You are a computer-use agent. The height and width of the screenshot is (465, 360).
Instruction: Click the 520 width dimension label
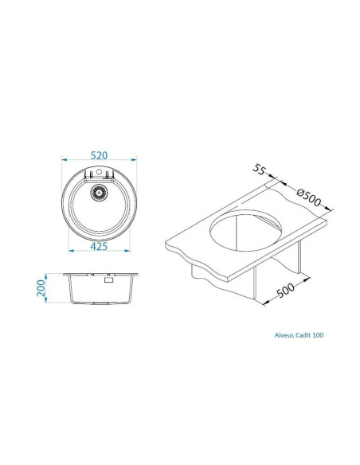(100, 154)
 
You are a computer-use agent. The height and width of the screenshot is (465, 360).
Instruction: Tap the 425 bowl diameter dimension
(100, 247)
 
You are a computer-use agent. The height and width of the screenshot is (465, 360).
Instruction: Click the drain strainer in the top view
(100, 191)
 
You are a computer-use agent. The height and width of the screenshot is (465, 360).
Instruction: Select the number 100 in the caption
(318, 335)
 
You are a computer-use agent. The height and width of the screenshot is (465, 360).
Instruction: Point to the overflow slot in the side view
(106, 279)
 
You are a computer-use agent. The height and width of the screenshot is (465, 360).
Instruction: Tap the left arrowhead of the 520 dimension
(65, 162)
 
